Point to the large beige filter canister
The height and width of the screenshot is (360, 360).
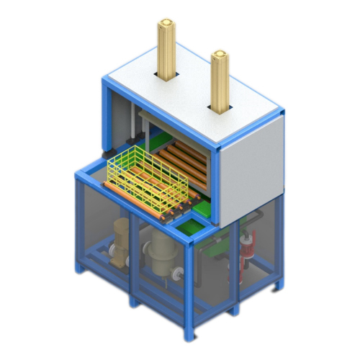[x=163, y=253]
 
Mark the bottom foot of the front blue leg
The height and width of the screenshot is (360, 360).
[x=191, y=335]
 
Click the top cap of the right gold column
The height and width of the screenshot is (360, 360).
[x=220, y=54]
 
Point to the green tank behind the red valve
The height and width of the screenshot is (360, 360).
[x=216, y=248]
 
